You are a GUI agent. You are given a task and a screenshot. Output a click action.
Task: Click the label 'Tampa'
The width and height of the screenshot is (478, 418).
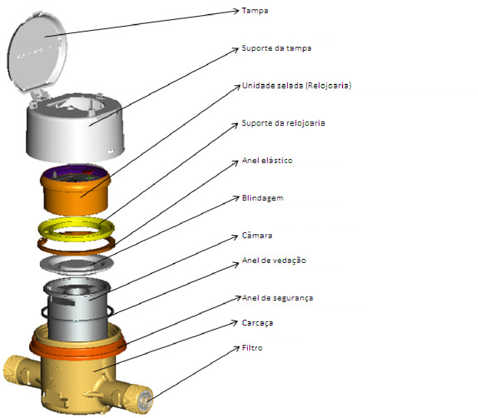click(x=255, y=11)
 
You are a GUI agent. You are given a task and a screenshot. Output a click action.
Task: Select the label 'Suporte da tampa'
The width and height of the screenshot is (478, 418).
click(x=277, y=48)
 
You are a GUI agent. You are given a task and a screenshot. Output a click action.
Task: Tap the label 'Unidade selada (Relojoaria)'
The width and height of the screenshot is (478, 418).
click(x=297, y=86)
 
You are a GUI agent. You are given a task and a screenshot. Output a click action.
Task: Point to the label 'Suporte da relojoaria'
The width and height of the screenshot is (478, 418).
click(x=283, y=123)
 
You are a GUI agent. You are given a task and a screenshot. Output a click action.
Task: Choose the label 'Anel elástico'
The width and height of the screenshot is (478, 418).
click(x=267, y=160)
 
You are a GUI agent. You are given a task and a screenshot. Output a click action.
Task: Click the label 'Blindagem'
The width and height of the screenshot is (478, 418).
click(x=263, y=198)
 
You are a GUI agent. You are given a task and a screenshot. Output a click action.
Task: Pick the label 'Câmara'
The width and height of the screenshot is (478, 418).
click(x=257, y=235)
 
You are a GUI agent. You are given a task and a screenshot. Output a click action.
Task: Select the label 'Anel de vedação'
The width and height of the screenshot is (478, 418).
click(x=274, y=261)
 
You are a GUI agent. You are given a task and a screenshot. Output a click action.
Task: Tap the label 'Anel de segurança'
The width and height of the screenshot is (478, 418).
click(x=277, y=298)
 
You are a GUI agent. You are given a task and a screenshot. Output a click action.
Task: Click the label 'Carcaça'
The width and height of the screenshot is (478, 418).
click(x=257, y=323)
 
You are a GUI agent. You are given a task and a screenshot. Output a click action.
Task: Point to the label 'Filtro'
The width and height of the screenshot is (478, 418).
click(x=252, y=348)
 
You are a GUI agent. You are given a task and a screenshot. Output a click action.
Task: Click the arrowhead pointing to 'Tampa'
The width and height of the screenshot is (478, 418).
click(x=236, y=11)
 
